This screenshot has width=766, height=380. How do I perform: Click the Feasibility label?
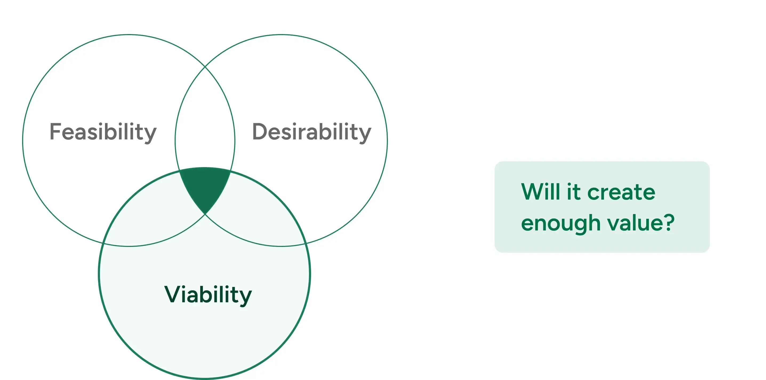click(103, 132)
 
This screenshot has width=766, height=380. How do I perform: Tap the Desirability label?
click(311, 132)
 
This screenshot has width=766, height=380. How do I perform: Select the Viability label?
click(208, 295)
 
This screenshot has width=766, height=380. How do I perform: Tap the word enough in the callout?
click(560, 223)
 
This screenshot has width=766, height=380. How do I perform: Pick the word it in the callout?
click(574, 192)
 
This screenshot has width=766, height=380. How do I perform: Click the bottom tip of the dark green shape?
click(205, 213)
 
